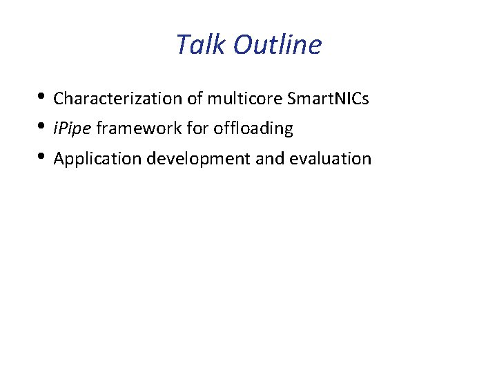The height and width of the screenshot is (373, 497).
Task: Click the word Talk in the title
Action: [201, 45]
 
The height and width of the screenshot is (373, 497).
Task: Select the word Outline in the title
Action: [277, 45]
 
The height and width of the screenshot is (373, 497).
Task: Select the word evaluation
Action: [331, 159]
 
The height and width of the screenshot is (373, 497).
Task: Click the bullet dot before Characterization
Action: [43, 97]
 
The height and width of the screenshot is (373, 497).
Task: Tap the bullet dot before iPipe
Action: [43, 127]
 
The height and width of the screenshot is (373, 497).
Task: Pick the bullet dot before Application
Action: [43, 157]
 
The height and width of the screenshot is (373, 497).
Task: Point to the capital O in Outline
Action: [242, 45]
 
